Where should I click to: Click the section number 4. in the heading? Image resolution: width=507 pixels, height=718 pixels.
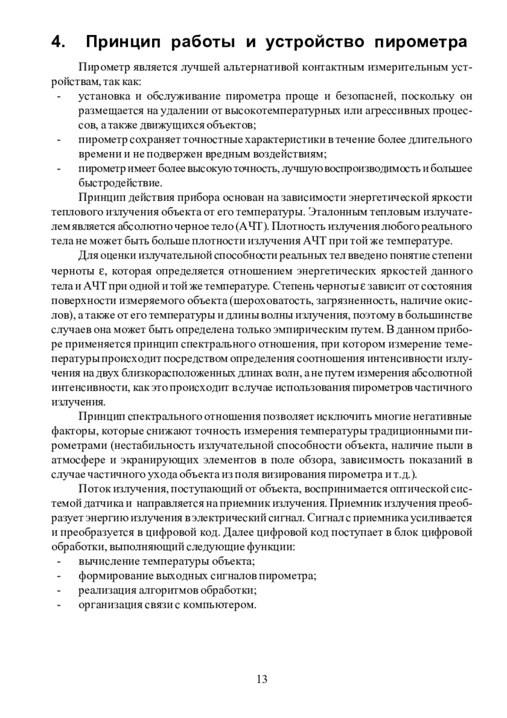click(x=58, y=42)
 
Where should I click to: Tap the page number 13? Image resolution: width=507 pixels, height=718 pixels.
click(x=262, y=679)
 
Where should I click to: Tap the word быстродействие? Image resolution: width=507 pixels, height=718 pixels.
click(x=120, y=183)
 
